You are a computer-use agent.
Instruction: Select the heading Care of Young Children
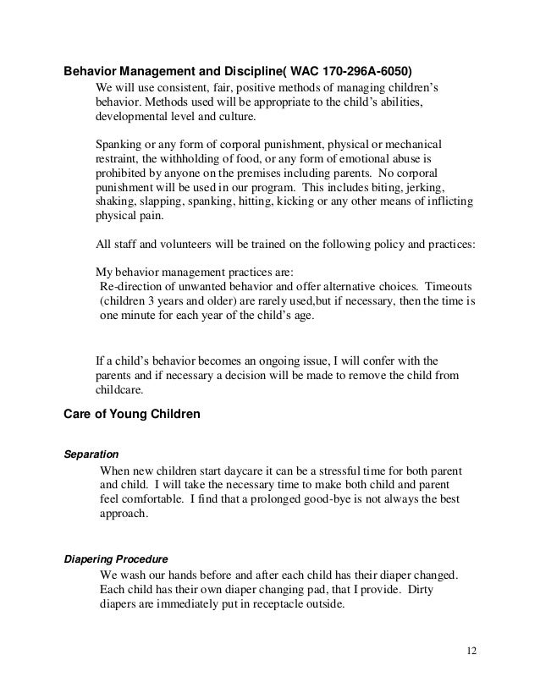[x=132, y=414]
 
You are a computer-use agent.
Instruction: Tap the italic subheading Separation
[x=91, y=453]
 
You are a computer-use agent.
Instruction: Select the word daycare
[x=217, y=470]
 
